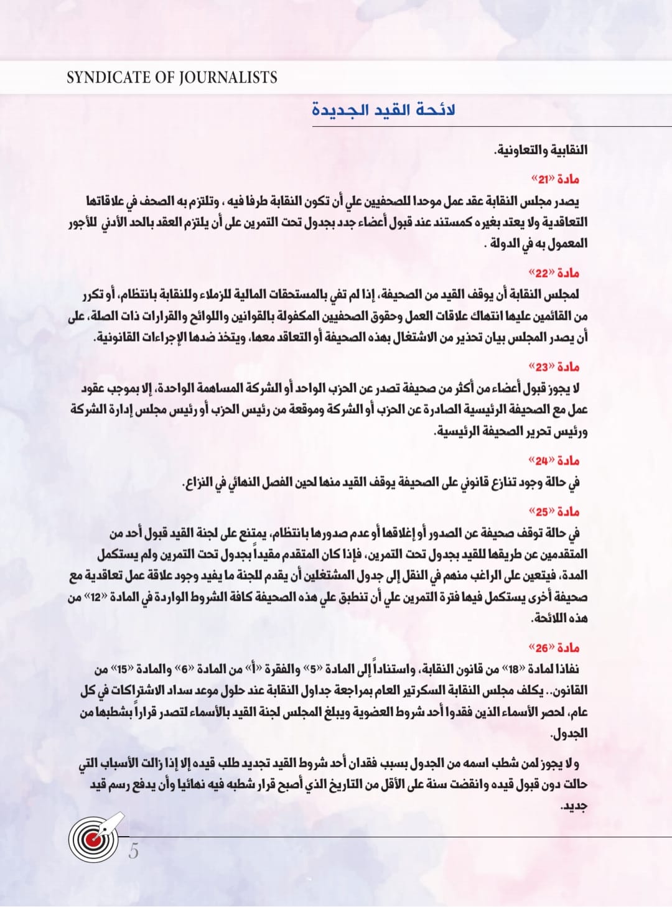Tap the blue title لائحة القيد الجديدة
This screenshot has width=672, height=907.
(383, 110)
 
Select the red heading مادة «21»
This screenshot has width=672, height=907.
(555, 180)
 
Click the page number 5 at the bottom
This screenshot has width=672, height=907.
(134, 851)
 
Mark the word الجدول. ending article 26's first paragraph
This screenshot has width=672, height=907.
(569, 734)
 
